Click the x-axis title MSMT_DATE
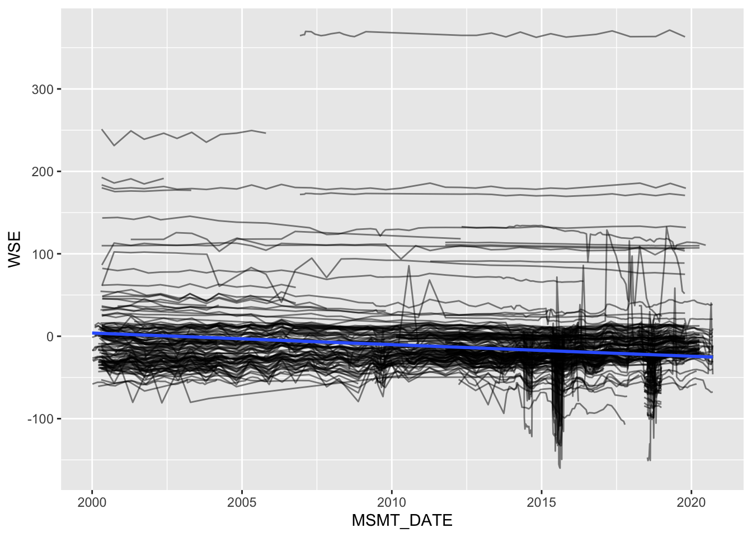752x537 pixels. coord(402,521)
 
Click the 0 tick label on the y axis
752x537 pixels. coord(50,336)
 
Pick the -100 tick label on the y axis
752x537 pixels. coord(41,419)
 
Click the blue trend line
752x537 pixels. coord(392,344)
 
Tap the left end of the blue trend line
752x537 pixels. coord(93,333)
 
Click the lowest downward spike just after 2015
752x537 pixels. coord(560,467)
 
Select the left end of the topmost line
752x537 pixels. coord(300,36)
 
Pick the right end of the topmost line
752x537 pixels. coord(685,37)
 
